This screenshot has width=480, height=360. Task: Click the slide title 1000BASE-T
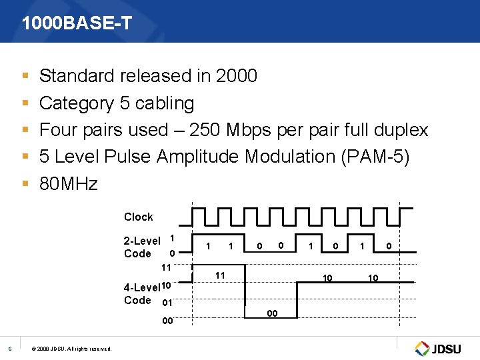77,24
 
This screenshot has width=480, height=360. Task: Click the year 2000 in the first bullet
237,76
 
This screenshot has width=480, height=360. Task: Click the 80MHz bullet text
69,183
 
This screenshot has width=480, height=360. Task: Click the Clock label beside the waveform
138,217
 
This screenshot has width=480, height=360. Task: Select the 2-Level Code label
141,247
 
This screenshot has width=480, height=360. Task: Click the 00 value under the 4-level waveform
272,313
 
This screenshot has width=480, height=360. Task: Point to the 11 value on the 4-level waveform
219,275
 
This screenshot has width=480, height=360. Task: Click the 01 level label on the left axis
167,303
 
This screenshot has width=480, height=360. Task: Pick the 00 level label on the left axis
167,321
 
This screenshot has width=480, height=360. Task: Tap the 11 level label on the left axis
167,267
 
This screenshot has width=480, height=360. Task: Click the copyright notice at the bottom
73,349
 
